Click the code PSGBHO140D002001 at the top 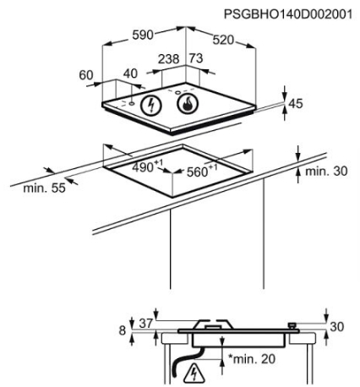click(x=288, y=14)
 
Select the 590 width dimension click(x=143, y=35)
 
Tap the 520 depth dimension click(x=223, y=40)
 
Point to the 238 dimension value click(x=169, y=59)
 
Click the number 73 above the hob click(x=196, y=58)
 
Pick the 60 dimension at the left click(x=86, y=75)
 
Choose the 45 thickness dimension click(x=296, y=104)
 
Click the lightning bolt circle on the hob click(x=151, y=105)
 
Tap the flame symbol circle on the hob click(x=188, y=104)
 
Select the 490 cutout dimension click(x=143, y=167)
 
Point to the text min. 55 click(x=44, y=188)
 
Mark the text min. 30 click(x=326, y=171)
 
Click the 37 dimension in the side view click(x=146, y=324)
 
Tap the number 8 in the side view click(x=122, y=330)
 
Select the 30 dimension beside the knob click(x=337, y=327)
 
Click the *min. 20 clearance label click(x=252, y=359)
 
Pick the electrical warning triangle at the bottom click(x=194, y=373)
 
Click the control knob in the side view click(x=292, y=325)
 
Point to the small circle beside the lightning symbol click(x=132, y=104)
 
